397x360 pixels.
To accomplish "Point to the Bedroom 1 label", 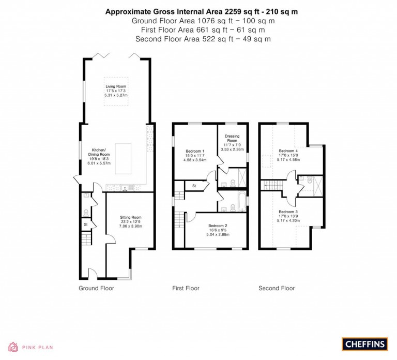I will pyautogui.click(x=195, y=156).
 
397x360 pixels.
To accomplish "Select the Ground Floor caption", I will pyautogui.click(x=96, y=288).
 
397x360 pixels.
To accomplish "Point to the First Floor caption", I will pyautogui.click(x=186, y=288).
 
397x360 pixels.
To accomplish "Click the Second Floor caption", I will pyautogui.click(x=277, y=288).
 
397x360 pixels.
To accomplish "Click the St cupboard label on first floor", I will pyautogui.click(x=194, y=185).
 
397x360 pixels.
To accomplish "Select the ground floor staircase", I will pyautogui.click(x=86, y=239).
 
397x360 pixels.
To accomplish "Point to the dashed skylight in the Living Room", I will pyautogui.click(x=116, y=92).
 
